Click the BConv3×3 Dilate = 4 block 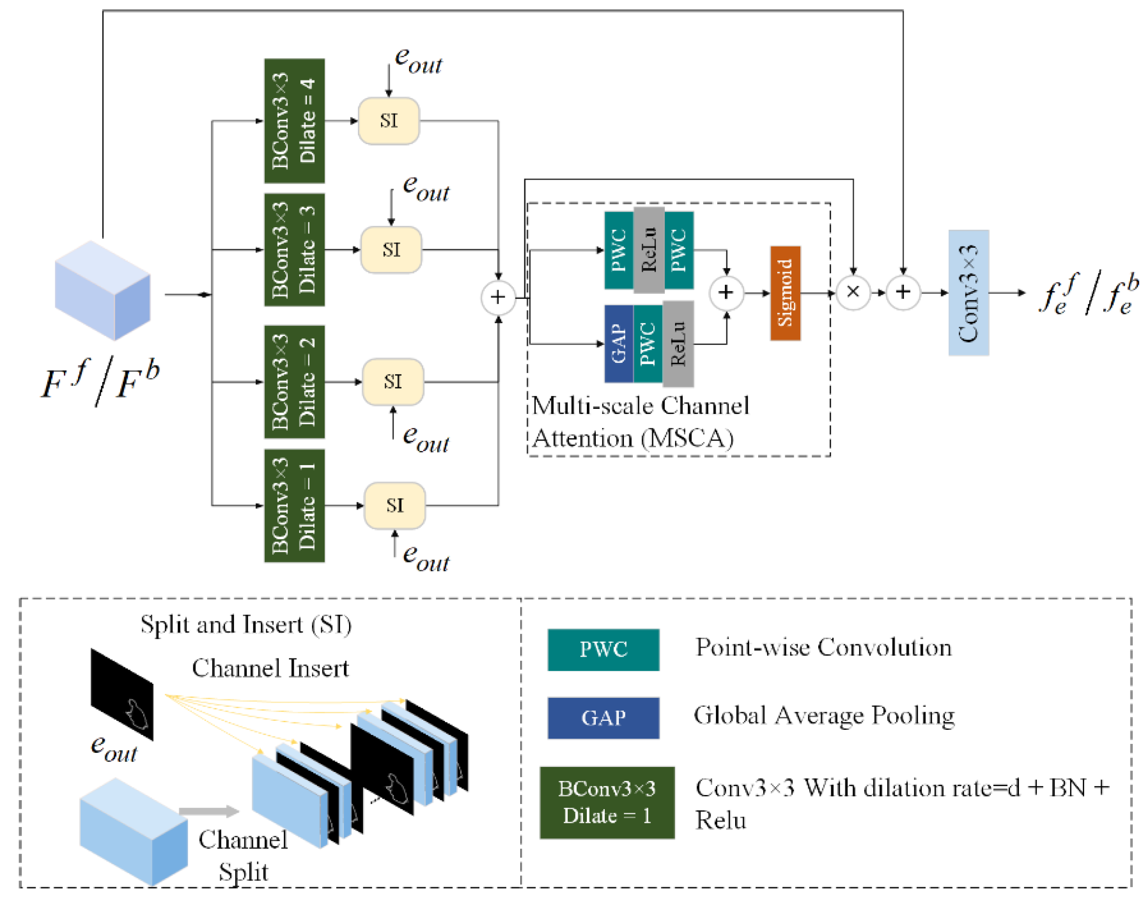[294, 121]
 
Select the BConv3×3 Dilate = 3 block [294, 250]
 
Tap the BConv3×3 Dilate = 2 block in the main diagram [294, 382]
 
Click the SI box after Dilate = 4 [388, 121]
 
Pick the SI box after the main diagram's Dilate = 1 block [394, 505]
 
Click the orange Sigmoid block [785, 293]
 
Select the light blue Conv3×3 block [968, 293]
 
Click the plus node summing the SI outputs [498, 297]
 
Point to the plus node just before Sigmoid [726, 292]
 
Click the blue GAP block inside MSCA [618, 344]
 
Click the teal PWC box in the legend [603, 649]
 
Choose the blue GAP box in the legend [603, 718]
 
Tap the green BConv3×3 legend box [607, 802]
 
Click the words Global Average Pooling [824, 716]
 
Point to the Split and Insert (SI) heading [246, 624]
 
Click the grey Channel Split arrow [209, 811]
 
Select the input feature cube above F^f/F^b [103, 290]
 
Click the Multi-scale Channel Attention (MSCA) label [640, 422]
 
